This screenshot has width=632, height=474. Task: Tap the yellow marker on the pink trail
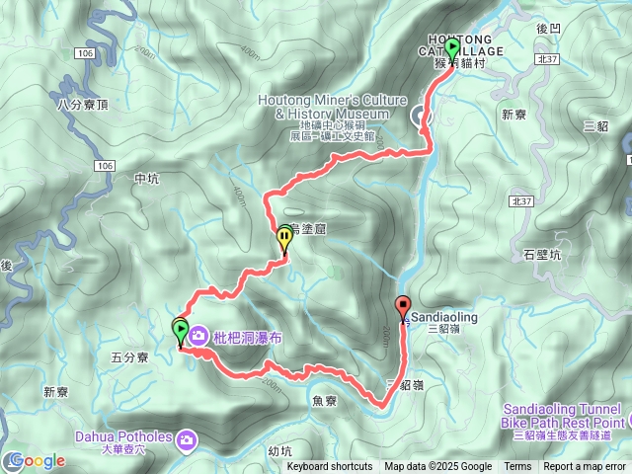284,237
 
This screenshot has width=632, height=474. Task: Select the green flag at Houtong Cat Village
452,48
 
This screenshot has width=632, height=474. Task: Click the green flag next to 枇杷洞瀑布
181,330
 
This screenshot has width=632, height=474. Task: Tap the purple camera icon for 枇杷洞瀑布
197,337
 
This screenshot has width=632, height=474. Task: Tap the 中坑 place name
145,178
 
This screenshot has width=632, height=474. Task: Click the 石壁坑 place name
542,255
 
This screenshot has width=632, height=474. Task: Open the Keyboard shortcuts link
330,467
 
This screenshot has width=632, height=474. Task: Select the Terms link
517,467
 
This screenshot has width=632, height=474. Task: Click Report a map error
585,467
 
